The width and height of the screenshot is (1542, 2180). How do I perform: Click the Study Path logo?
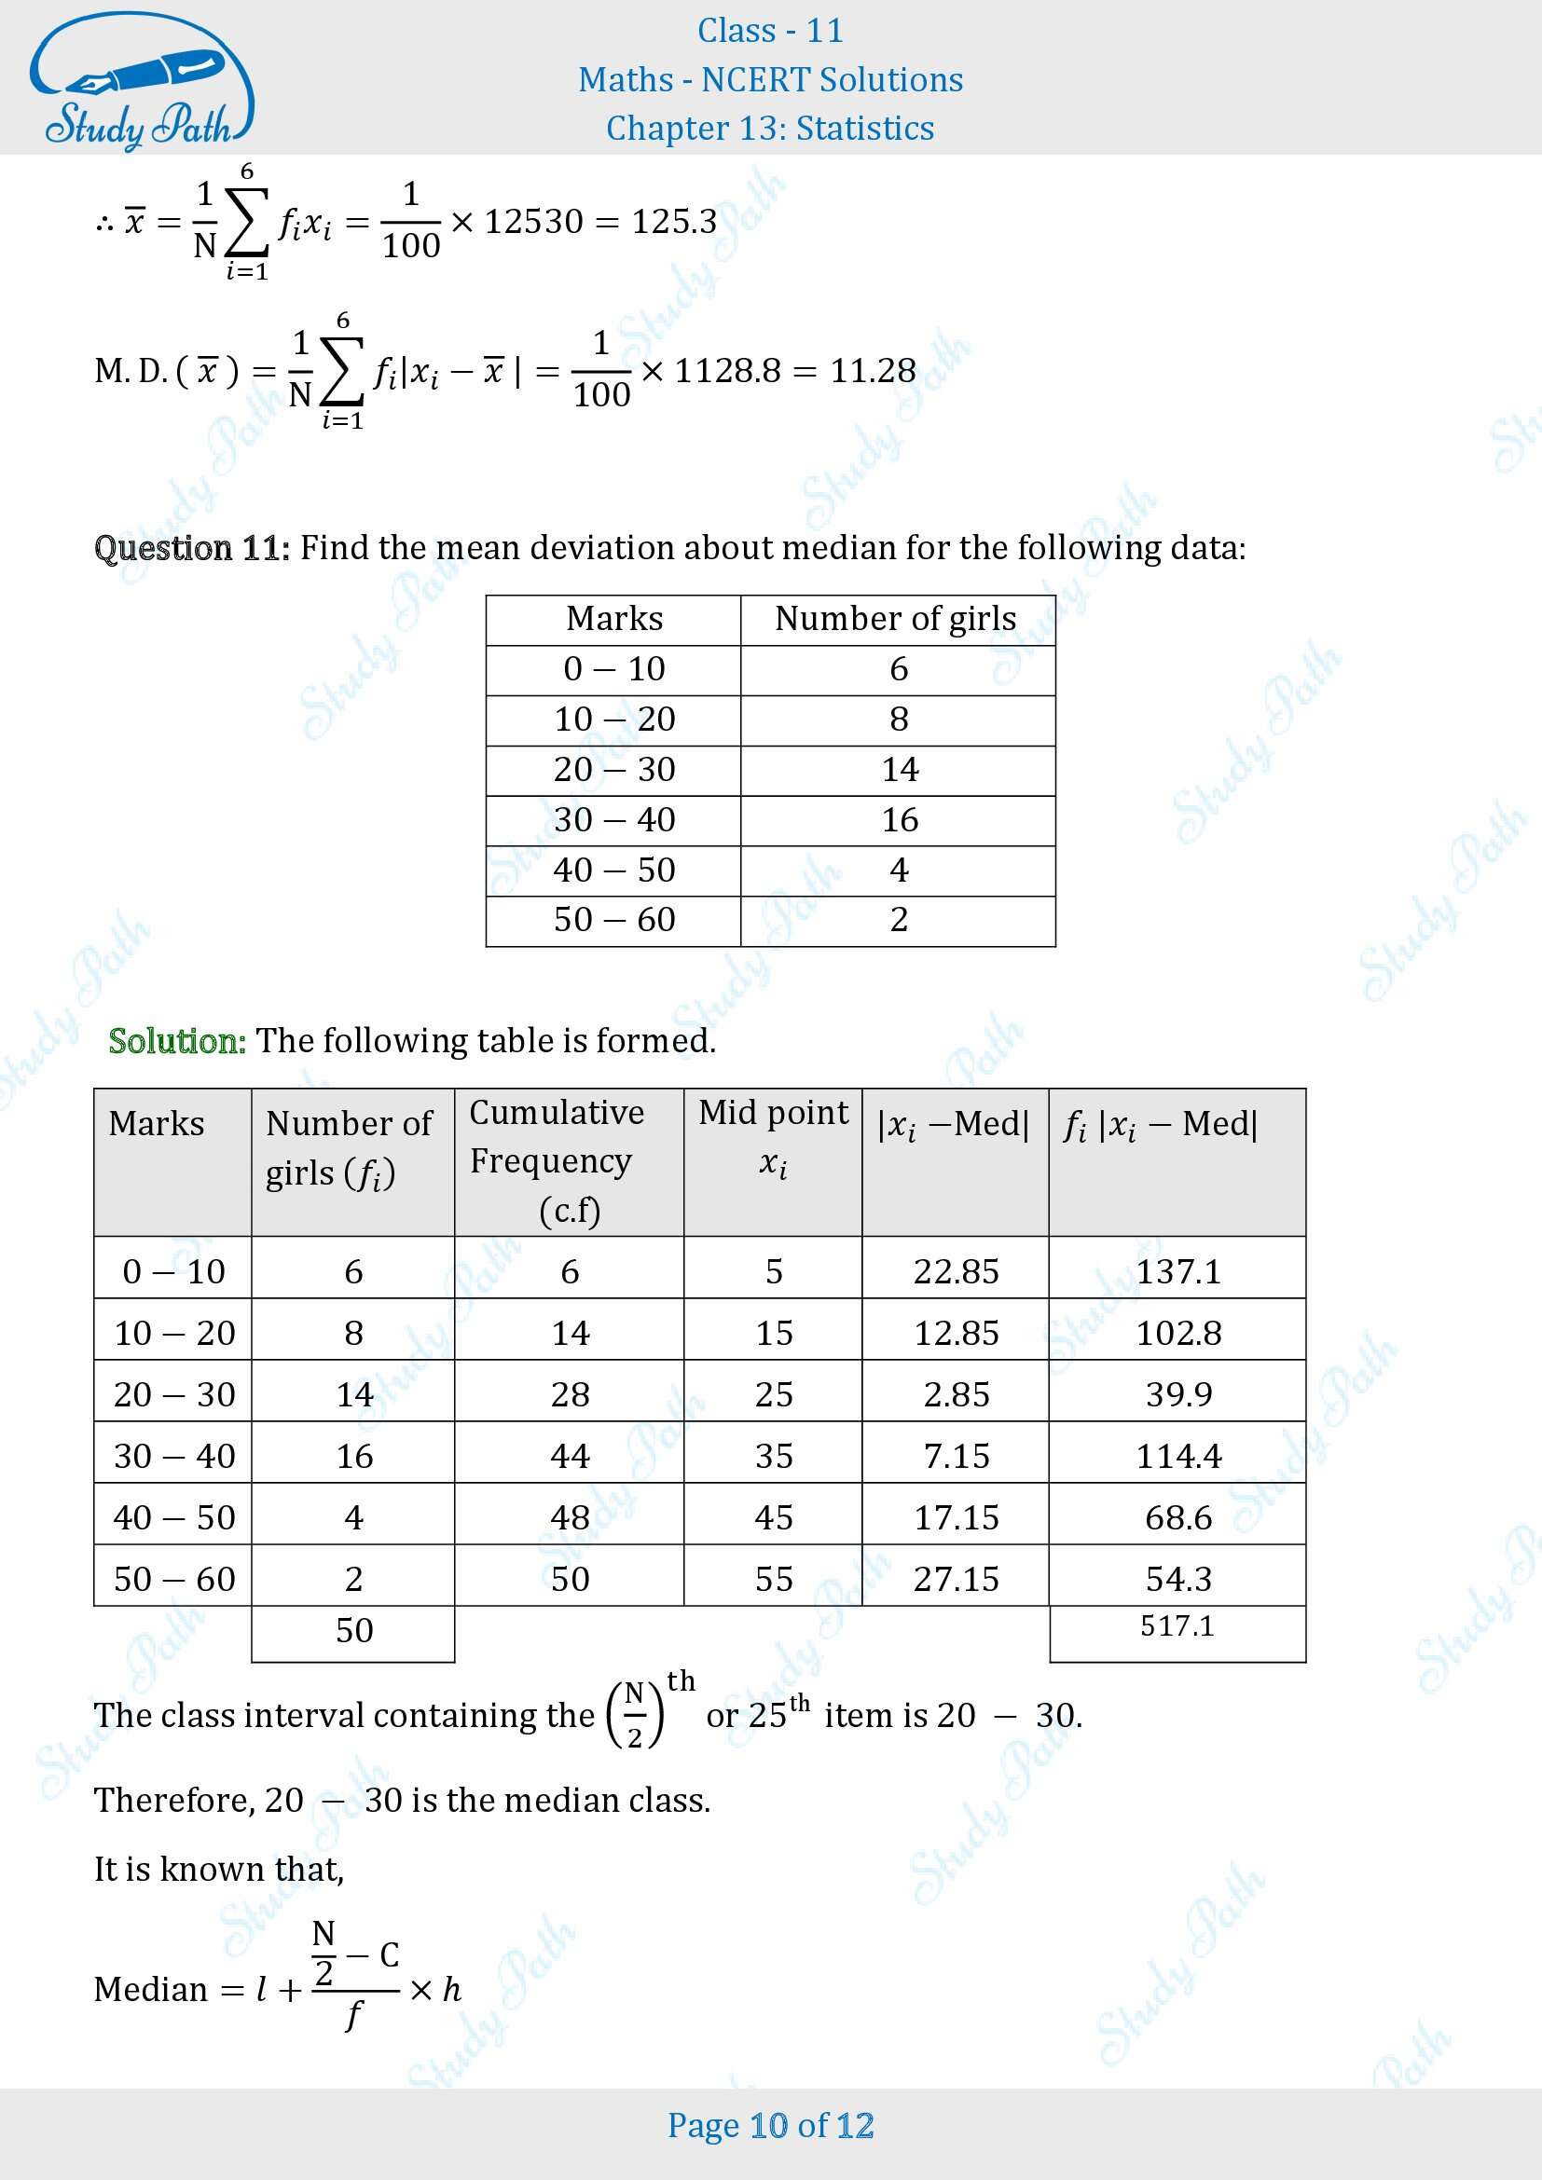[141, 82]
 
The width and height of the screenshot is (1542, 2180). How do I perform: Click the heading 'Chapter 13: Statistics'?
[770, 129]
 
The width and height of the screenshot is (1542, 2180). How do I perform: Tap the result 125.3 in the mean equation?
[673, 221]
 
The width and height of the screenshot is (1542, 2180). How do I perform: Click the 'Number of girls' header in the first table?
[895, 619]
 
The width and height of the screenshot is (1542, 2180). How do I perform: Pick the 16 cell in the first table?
[899, 819]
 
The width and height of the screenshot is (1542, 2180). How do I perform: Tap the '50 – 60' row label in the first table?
[614, 919]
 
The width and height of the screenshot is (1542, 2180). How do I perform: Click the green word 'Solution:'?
[177, 1041]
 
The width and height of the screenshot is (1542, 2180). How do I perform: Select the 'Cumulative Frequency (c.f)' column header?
[568, 1160]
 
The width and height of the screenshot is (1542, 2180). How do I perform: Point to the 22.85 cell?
[957, 1271]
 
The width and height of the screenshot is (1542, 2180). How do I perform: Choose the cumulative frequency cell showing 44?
[570, 1456]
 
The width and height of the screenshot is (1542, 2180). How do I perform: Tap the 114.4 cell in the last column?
[1178, 1456]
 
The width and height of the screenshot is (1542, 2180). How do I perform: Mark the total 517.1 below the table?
[1177, 1625]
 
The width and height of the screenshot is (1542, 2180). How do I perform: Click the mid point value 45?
[774, 1517]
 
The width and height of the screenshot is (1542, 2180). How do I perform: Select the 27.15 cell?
[957, 1579]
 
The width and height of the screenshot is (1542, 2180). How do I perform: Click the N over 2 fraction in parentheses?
[635, 1715]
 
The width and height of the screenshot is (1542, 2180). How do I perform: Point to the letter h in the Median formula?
[452, 1988]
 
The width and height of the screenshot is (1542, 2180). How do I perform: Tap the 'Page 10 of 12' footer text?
[770, 2125]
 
